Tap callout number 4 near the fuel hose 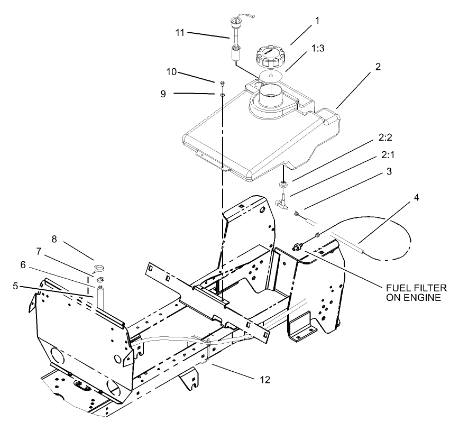tap(416, 197)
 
